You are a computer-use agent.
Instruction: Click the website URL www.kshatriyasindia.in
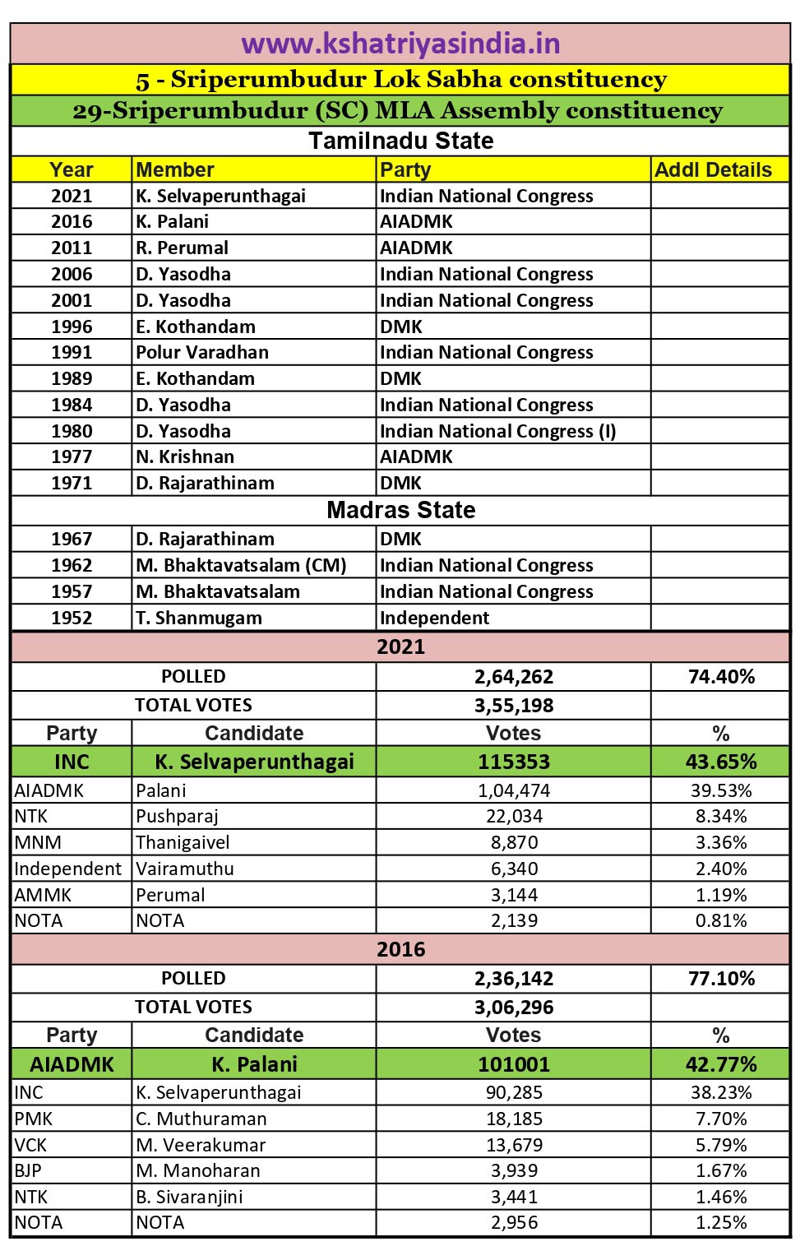pyautogui.click(x=400, y=43)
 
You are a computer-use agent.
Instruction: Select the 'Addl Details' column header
pyautogui.click(x=713, y=169)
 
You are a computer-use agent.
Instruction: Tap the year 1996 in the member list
pyautogui.click(x=72, y=327)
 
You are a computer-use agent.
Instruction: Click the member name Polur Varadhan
pyautogui.click(x=202, y=352)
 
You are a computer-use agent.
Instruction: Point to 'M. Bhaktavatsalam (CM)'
pyautogui.click(x=241, y=565)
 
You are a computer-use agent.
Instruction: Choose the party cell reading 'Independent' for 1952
pyautogui.click(x=434, y=618)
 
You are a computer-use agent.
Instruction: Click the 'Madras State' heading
pyautogui.click(x=400, y=510)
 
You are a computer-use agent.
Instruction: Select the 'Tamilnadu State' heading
pyautogui.click(x=400, y=141)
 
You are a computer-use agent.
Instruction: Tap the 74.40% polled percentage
pyautogui.click(x=721, y=677)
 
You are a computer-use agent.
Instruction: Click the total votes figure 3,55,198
pyautogui.click(x=514, y=706)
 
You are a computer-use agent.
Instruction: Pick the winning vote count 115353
pyautogui.click(x=514, y=762)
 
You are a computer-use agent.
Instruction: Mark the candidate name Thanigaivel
pyautogui.click(x=183, y=842)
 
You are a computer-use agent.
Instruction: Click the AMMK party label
pyautogui.click(x=43, y=895)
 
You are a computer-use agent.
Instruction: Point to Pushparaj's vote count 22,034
pyautogui.click(x=514, y=816)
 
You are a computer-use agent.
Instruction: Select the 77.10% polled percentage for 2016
pyautogui.click(x=721, y=979)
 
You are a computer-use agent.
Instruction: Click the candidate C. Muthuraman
pyautogui.click(x=201, y=1119)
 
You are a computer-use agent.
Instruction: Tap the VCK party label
pyautogui.click(x=30, y=1145)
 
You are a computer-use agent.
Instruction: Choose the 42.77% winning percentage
pyautogui.click(x=721, y=1064)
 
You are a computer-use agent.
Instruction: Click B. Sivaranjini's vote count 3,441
pyautogui.click(x=514, y=1197)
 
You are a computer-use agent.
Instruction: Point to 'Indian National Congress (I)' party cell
pyautogui.click(x=497, y=431)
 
